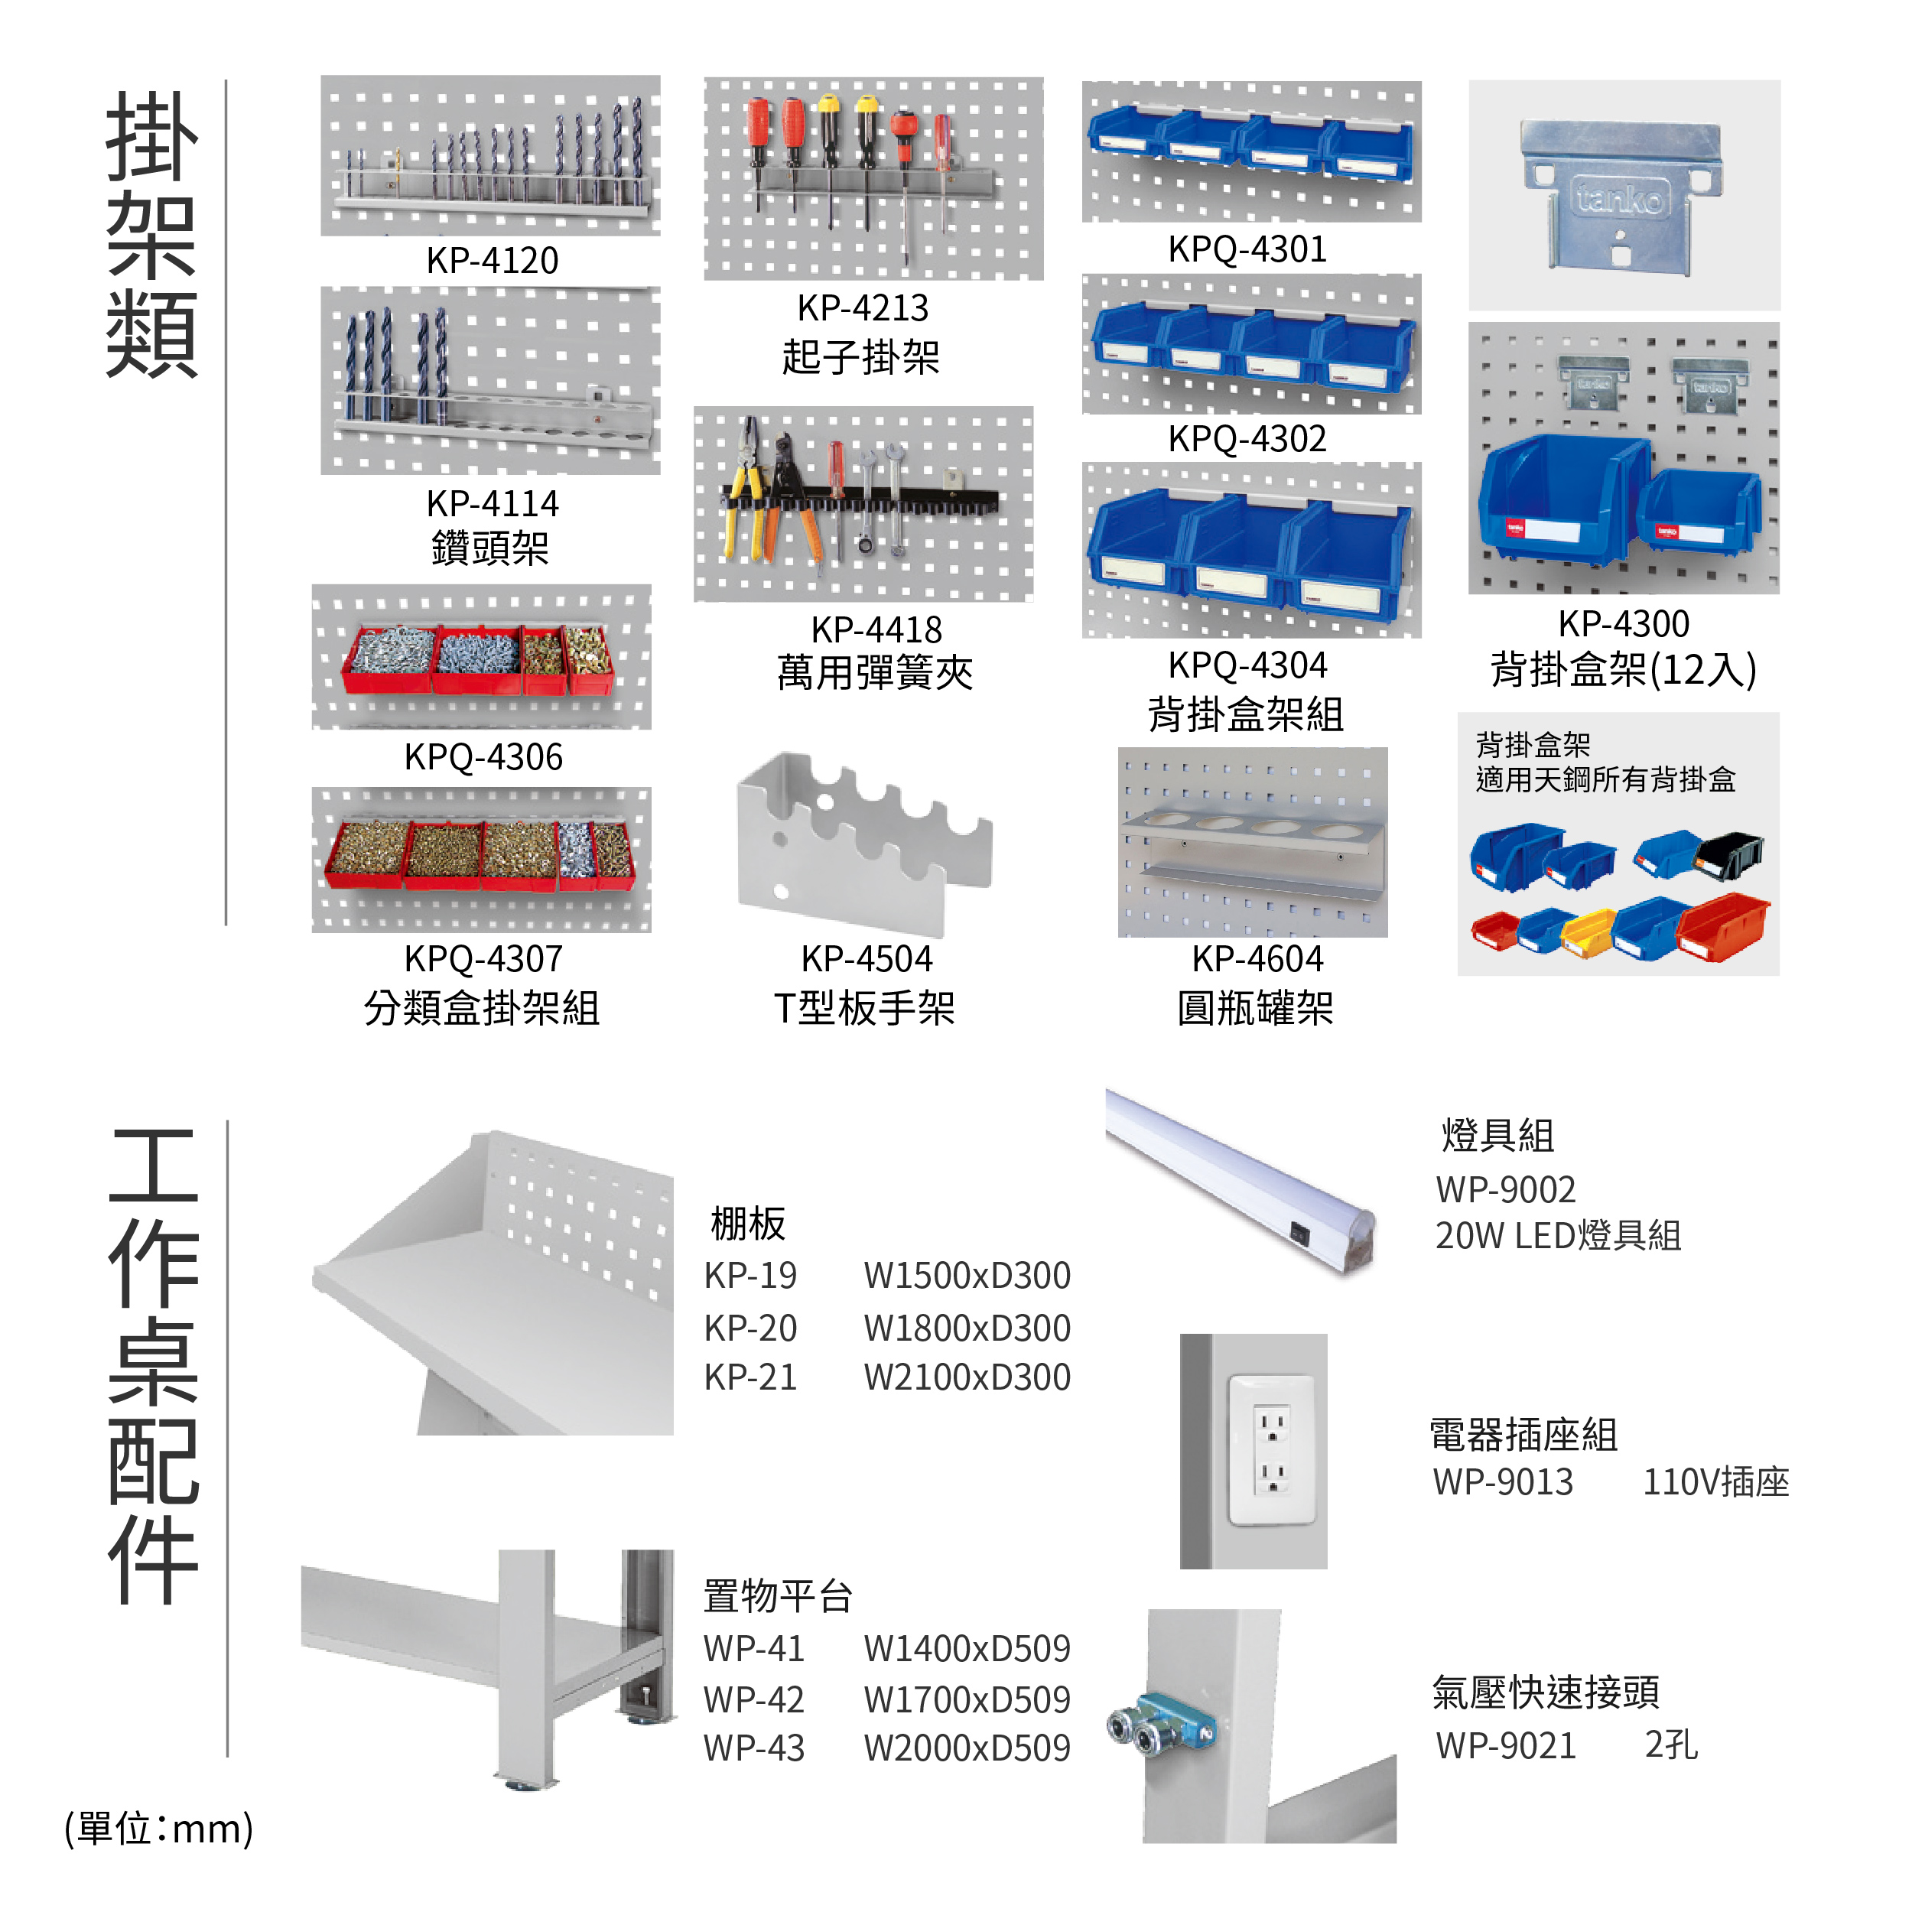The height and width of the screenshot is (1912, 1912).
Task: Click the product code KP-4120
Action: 492,260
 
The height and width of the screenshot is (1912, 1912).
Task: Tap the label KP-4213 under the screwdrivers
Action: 863,307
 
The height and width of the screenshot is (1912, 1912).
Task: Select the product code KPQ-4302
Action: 1247,438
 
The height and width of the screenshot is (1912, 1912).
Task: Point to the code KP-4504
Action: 866,958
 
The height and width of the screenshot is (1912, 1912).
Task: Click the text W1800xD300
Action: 967,1327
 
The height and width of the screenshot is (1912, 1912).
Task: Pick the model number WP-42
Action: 753,1699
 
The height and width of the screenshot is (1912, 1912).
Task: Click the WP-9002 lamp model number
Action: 1505,1188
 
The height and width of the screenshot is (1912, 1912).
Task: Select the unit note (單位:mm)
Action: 158,1828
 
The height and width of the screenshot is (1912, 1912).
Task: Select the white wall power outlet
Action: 1272,1450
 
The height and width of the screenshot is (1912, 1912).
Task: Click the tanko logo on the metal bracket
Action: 1619,198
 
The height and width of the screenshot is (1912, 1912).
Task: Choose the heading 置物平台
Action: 778,1595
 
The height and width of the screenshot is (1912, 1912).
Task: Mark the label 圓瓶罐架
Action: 1255,1009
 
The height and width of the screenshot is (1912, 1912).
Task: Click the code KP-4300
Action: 1623,623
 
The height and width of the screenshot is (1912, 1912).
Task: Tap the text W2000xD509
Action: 967,1748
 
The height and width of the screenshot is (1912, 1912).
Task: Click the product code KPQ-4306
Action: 483,757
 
